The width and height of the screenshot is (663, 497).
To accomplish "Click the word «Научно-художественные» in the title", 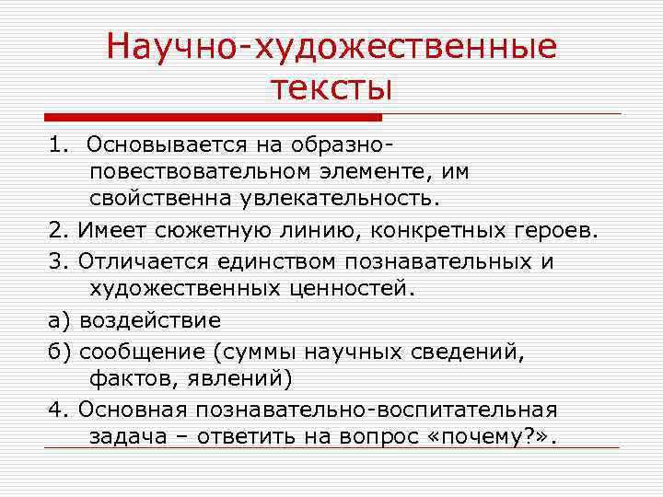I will point(331,46).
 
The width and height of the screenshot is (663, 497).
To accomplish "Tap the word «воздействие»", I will point(150,320).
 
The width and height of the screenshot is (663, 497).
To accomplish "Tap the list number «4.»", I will point(59,408).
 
